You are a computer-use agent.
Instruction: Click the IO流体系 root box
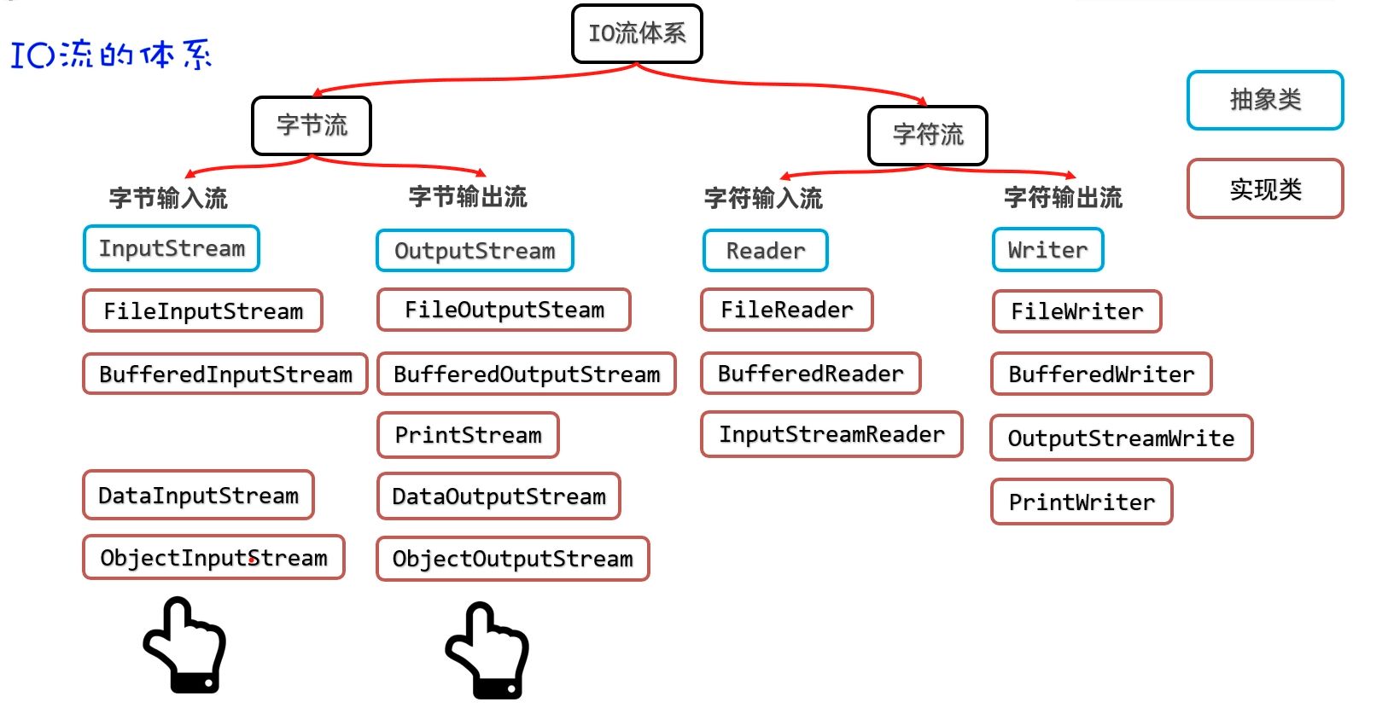(637, 34)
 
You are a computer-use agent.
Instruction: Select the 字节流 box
(312, 126)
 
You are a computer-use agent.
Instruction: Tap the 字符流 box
(928, 135)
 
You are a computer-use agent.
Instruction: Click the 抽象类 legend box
(1265, 101)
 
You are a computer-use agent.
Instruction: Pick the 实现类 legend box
(1265, 189)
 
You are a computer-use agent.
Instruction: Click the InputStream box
(172, 249)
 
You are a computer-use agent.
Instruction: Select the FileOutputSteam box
(504, 310)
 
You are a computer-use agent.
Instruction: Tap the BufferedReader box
(811, 374)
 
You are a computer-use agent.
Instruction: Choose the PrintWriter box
(1082, 502)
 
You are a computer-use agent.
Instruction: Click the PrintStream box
(468, 435)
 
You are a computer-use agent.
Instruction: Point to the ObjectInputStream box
(213, 558)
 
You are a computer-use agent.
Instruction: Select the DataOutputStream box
(499, 496)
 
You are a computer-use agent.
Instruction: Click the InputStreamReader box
(831, 435)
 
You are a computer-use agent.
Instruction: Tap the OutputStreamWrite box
(1121, 438)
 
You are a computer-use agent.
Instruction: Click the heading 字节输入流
(168, 199)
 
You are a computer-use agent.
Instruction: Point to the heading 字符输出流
(1063, 198)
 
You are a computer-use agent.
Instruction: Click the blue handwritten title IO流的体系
(111, 55)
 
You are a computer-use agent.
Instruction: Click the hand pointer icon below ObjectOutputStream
(488, 652)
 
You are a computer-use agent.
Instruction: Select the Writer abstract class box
(1048, 250)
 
